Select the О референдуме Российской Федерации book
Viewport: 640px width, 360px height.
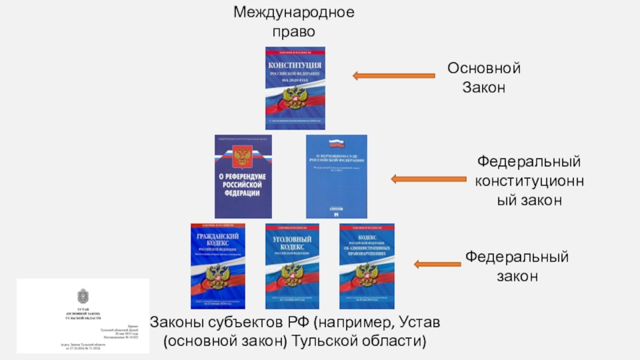point(239,175)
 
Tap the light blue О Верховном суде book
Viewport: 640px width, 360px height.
point(337,175)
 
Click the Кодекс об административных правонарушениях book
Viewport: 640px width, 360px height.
point(367,266)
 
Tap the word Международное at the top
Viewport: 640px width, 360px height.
point(294,13)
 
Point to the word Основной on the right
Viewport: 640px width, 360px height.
point(484,69)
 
